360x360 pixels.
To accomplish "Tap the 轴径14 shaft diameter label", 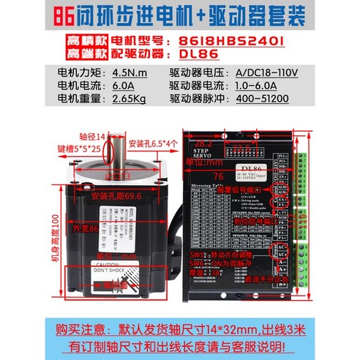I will [93, 135].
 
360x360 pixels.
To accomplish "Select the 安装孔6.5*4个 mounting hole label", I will [153, 143].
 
